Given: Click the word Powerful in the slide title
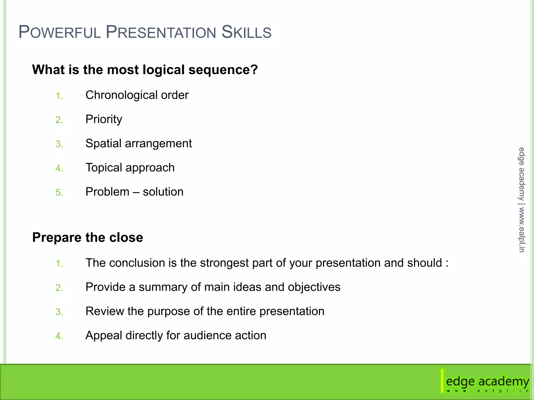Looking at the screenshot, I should (x=59, y=32).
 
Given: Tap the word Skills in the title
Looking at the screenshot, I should (x=246, y=32).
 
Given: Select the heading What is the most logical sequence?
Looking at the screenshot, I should (x=145, y=70).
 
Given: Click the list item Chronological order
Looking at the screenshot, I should (x=137, y=95).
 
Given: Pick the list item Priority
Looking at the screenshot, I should (x=104, y=119).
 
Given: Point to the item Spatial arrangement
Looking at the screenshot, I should (x=138, y=143).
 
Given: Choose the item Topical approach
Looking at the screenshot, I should (x=130, y=168).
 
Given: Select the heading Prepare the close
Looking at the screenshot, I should (x=88, y=238).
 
